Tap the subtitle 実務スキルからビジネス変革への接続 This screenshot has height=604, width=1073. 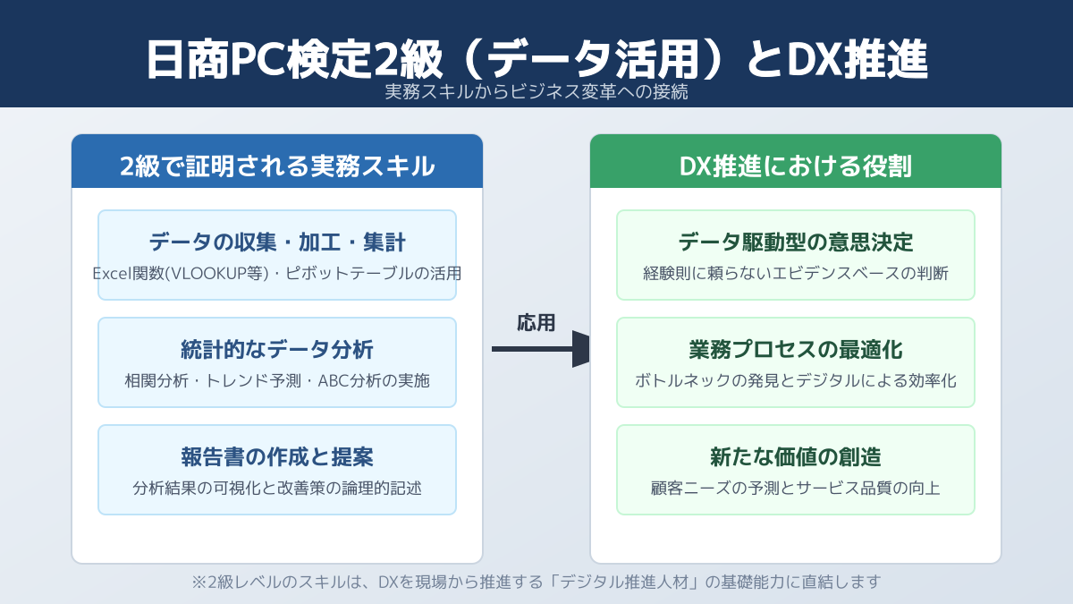(x=536, y=91)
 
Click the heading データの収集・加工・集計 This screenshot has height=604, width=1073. (x=277, y=242)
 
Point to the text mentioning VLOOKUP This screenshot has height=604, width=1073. (x=277, y=273)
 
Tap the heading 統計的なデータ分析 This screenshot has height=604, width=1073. (x=277, y=349)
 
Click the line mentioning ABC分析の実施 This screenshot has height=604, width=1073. (x=277, y=380)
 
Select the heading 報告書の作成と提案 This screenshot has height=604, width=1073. (x=277, y=456)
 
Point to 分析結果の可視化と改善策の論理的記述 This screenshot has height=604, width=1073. (x=277, y=489)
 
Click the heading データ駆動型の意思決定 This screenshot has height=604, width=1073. (x=796, y=242)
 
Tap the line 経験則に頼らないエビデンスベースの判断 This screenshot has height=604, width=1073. (x=796, y=273)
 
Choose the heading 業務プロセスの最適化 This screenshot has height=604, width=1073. (x=796, y=349)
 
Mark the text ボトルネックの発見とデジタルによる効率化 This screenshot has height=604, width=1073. (x=796, y=380)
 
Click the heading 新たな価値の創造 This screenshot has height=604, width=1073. (x=796, y=456)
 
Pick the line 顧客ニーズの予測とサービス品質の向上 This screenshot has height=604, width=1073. (x=796, y=489)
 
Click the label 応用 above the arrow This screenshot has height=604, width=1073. (x=536, y=323)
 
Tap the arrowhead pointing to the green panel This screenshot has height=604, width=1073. (x=581, y=349)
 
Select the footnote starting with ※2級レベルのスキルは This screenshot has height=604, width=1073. (x=536, y=582)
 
